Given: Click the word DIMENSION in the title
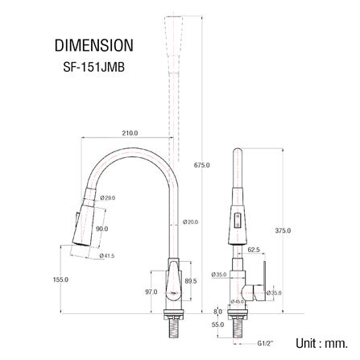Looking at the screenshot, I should point(93,45).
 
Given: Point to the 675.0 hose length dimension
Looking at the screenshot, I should point(201,165).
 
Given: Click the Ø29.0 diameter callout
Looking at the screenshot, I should point(108,198).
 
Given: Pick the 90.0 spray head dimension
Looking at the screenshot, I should point(101,229).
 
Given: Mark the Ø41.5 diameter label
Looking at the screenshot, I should point(107,256).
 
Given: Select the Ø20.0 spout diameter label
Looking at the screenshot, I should point(190,221).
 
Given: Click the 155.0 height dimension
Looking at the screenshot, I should point(60,279).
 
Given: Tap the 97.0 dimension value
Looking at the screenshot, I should point(151,292).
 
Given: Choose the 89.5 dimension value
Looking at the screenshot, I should point(191,281).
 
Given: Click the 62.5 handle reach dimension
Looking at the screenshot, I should point(253,250).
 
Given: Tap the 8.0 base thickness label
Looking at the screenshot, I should point(217,311).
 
